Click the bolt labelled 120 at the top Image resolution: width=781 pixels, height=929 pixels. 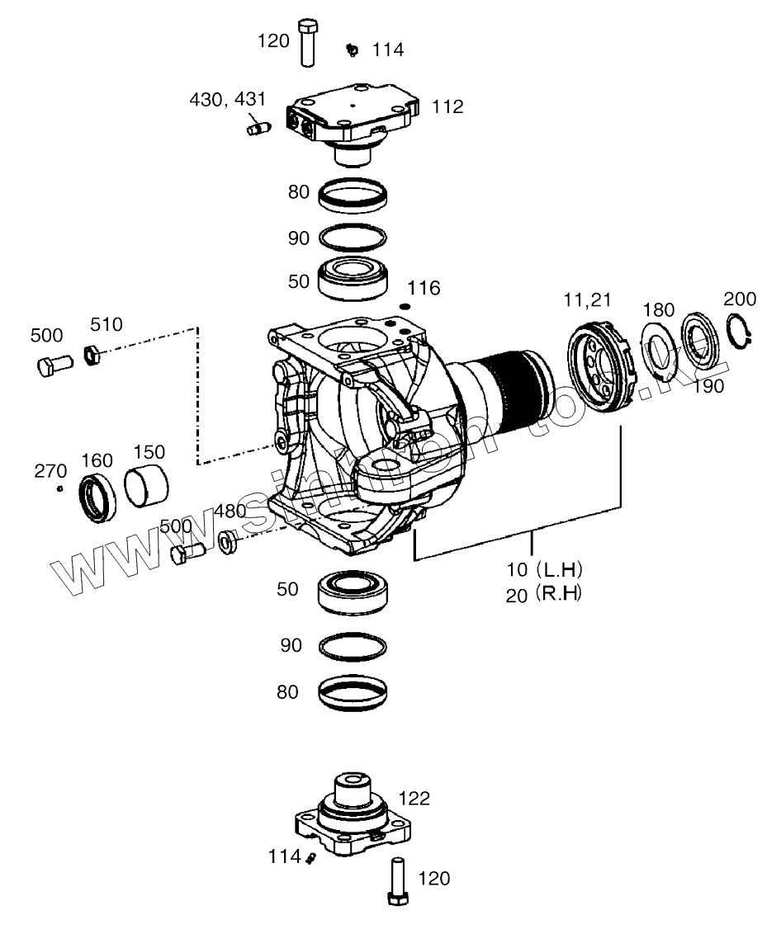pos(307,41)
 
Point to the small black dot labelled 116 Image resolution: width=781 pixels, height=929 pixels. pos(405,307)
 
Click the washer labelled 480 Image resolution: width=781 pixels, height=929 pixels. pos(226,543)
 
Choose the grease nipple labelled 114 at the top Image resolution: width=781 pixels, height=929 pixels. pos(352,50)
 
